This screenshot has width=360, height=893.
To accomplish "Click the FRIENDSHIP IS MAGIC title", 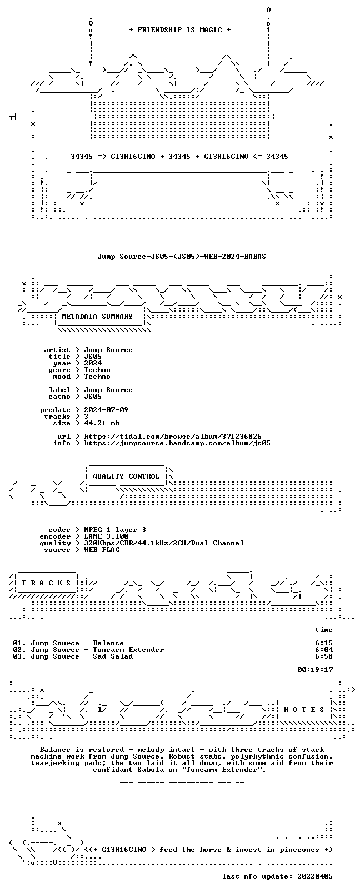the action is click(x=180, y=30).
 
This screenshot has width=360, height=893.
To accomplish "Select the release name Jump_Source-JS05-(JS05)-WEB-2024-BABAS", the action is click(x=182, y=257).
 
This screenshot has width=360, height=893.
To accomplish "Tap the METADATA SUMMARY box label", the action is click(x=97, y=316).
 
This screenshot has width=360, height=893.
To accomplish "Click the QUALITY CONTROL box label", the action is click(x=126, y=476).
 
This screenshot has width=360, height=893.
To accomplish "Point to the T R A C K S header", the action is click(x=46, y=583).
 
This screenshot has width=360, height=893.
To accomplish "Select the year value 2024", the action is click(x=93, y=363).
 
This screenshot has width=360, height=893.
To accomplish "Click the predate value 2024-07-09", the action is click(x=106, y=410).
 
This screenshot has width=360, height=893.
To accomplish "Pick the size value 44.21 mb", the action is click(x=102, y=423).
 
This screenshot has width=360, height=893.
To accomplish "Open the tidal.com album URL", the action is click(x=173, y=437).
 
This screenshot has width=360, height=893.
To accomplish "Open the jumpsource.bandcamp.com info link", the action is click(x=177, y=443).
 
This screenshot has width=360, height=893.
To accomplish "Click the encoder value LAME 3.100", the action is click(x=106, y=536).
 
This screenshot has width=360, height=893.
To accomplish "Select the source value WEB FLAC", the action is click(x=102, y=550).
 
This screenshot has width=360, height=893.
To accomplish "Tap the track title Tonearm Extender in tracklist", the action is click(x=128, y=649).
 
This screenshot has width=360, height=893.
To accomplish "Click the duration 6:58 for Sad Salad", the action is click(x=324, y=656).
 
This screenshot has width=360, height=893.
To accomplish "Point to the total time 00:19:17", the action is click(x=315, y=669).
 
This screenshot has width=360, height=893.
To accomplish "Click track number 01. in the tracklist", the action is click(x=19, y=643).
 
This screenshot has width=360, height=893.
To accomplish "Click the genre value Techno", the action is click(x=97, y=370).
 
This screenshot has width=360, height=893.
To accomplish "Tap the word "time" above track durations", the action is click(x=324, y=630).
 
